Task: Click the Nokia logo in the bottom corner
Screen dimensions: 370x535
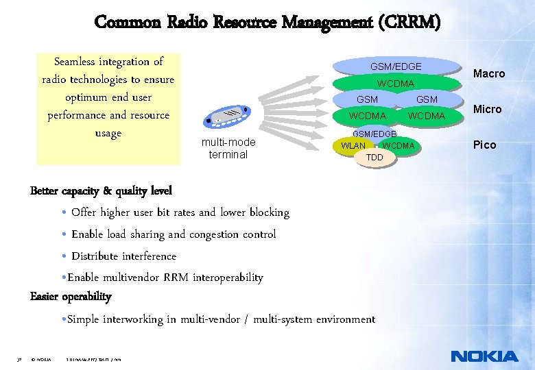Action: pyautogui.click(x=484, y=356)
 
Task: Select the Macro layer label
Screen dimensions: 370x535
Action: pyautogui.click(x=489, y=73)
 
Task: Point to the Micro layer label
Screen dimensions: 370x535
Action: pyautogui.click(x=487, y=109)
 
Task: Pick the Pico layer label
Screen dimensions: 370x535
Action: pyautogui.click(x=484, y=145)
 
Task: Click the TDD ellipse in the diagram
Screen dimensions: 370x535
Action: pyautogui.click(x=374, y=158)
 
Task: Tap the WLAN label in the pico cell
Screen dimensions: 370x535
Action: pyautogui.click(x=353, y=145)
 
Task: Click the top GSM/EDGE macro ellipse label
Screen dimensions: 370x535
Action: pyautogui.click(x=396, y=66)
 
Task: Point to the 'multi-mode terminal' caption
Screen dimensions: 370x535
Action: pyautogui.click(x=228, y=148)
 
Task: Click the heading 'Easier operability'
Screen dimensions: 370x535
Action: pyautogui.click(x=71, y=297)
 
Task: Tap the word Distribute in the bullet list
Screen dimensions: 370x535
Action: pyautogui.click(x=95, y=256)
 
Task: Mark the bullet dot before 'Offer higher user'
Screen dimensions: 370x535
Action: pyautogui.click(x=64, y=213)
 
